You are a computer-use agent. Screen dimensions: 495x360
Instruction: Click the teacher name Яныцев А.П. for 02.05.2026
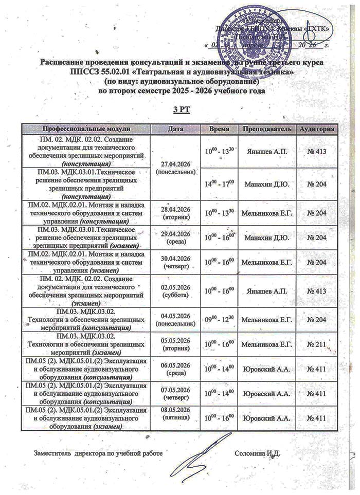click(268, 291)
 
